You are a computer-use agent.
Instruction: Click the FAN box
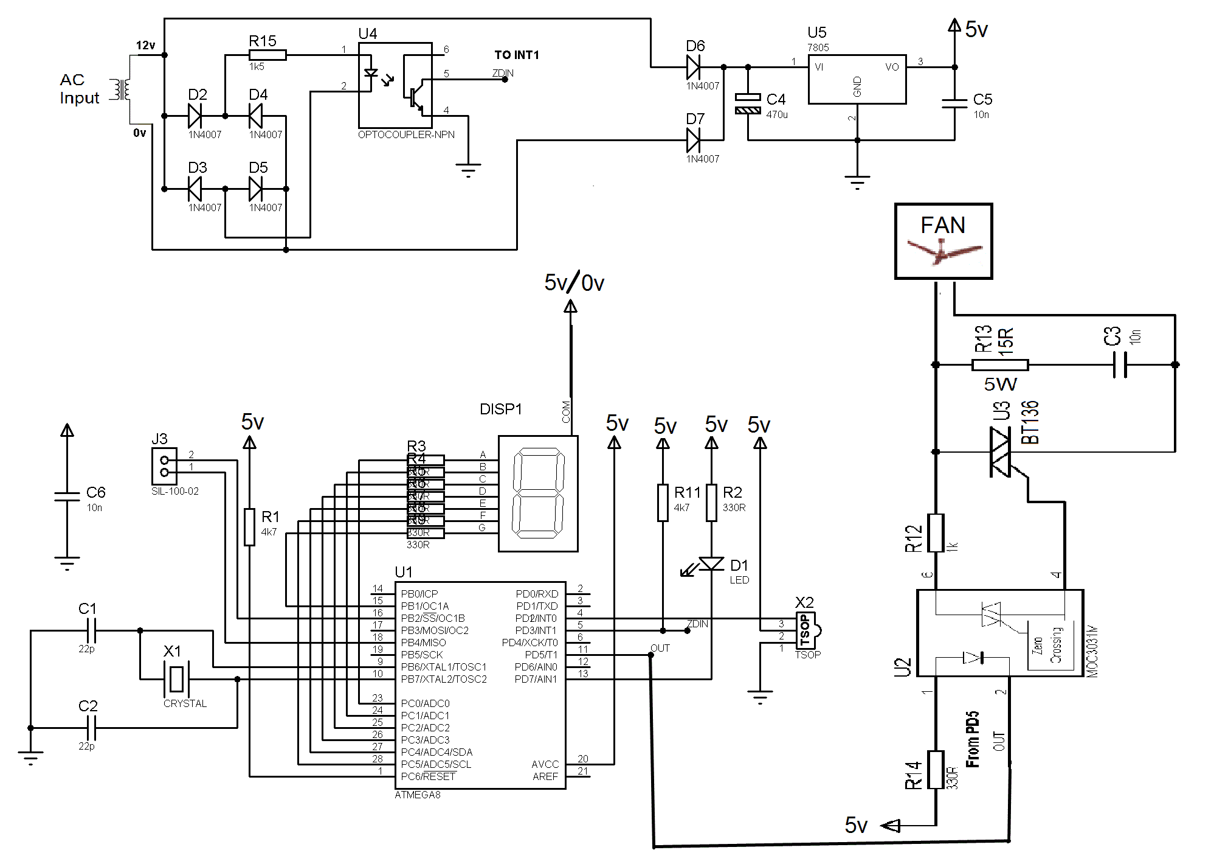[x=943, y=242]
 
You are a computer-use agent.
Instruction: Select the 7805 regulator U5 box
[x=857, y=80]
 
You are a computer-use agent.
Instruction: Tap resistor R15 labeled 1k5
[x=267, y=55]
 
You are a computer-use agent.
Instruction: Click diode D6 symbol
[x=694, y=67]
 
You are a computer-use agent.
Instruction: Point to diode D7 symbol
[x=694, y=141]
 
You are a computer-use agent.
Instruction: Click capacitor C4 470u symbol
[x=748, y=104]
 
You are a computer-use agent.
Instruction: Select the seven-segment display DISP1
[x=537, y=493]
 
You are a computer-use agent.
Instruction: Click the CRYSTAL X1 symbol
[x=176, y=679]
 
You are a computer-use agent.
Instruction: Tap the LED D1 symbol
[x=711, y=565]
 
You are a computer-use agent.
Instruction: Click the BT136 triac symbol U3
[x=1000, y=452]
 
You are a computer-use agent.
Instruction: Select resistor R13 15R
[x=999, y=365]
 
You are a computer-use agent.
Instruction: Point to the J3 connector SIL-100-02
[x=164, y=466]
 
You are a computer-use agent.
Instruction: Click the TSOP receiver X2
[x=805, y=631]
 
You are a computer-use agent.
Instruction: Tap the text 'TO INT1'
[x=516, y=55]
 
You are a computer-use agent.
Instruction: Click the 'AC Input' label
[x=79, y=89]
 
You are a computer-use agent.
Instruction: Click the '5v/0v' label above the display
[x=574, y=283]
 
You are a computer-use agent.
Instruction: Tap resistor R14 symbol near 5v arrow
[x=936, y=770]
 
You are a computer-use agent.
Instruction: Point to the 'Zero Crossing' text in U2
[x=1046, y=646]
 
